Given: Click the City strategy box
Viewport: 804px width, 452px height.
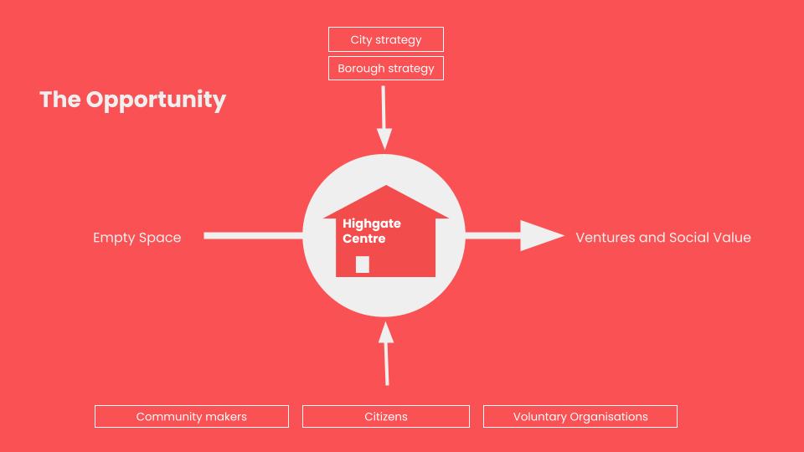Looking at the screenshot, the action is click(x=385, y=39).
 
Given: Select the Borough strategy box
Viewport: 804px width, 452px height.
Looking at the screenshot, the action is click(x=385, y=68).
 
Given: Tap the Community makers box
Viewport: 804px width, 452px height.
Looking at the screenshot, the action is click(x=192, y=417).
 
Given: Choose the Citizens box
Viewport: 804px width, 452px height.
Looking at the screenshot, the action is click(x=385, y=417).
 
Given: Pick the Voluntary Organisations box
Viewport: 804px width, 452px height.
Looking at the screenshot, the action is click(x=580, y=417).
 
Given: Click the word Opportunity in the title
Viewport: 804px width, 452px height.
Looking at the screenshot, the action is click(x=156, y=100).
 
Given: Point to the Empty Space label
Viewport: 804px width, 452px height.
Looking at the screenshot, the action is click(x=137, y=238).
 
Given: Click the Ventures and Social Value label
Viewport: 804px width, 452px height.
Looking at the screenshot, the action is click(x=663, y=237).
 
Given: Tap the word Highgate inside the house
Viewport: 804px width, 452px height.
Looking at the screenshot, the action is click(x=372, y=224).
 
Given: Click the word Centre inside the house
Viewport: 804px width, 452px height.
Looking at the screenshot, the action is click(x=364, y=239).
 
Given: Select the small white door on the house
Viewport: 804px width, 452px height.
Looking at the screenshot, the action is click(x=363, y=265).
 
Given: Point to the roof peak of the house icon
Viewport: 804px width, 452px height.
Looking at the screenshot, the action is click(x=386, y=186).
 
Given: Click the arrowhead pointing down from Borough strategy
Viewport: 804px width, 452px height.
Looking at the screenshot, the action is click(x=384, y=139).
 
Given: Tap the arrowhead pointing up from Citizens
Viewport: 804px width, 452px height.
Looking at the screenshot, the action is click(x=385, y=332).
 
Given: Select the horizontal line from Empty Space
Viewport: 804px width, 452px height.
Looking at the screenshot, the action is click(x=253, y=236).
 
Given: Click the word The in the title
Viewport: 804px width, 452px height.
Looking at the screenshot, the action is click(x=60, y=100).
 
